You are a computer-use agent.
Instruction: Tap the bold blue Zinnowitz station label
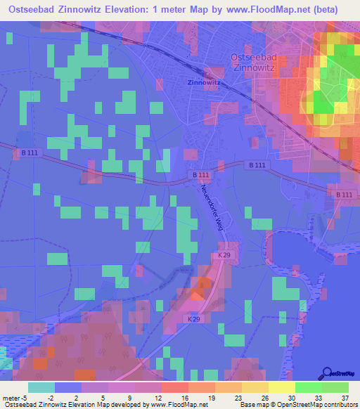[204, 82]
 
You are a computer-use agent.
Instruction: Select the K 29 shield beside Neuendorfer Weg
[222, 256]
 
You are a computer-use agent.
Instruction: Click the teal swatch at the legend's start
[41, 387]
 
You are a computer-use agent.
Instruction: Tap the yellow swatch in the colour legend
[282, 387]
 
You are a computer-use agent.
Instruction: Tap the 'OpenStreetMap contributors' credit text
[319, 405]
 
